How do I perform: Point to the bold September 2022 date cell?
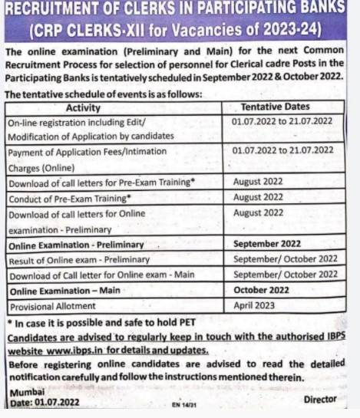[x=267, y=244]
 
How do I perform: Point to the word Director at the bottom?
[x=320, y=400]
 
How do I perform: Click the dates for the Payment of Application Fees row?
[x=282, y=152]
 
